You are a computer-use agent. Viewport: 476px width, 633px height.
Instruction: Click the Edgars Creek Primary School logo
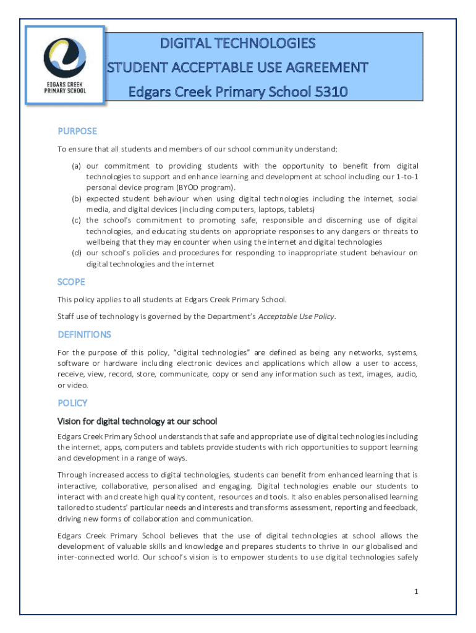point(64,65)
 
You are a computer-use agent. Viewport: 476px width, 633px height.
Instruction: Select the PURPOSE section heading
point(77,131)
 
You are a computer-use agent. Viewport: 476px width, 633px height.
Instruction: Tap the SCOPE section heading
point(71,282)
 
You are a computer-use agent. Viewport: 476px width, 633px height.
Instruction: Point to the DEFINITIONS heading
point(84,334)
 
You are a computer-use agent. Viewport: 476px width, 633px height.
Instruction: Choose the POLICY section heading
point(72,403)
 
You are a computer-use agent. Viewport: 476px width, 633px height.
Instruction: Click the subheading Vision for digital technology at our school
point(137,422)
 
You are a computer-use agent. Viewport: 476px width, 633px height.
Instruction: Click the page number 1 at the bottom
point(417,592)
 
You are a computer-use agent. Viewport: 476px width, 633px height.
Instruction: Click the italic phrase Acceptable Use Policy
point(296,316)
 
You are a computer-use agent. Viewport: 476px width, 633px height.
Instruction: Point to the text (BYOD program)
point(205,187)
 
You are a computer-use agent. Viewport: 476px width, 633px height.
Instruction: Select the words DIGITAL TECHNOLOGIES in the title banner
point(238,43)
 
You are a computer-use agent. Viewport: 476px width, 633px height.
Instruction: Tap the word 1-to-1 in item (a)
point(405,177)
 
